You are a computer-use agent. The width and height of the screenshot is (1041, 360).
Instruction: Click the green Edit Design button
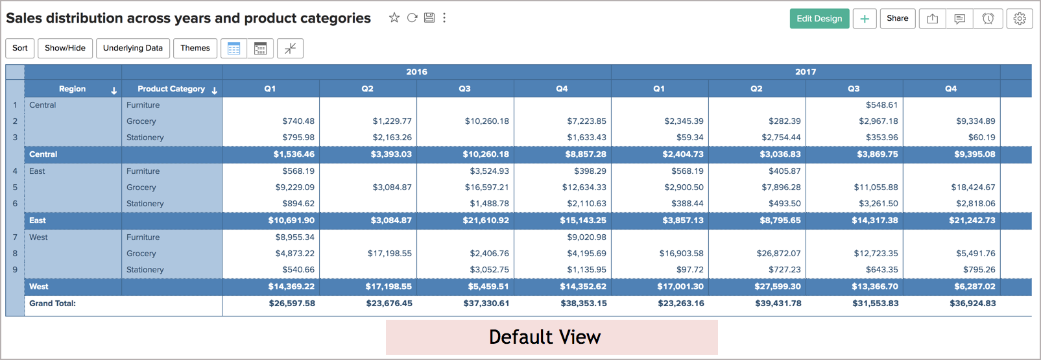[819, 19]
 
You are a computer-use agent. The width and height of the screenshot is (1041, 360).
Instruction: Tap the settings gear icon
[1020, 19]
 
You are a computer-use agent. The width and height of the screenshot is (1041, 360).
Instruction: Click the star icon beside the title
[394, 18]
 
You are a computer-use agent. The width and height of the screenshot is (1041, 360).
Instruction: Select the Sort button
[20, 48]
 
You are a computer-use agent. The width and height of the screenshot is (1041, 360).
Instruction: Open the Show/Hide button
[65, 48]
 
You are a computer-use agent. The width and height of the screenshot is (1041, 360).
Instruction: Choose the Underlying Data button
[133, 48]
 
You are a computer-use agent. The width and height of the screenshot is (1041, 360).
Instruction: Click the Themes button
[195, 48]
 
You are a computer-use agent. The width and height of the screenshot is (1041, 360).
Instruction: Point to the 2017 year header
[806, 72]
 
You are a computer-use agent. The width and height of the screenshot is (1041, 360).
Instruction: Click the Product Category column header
[171, 89]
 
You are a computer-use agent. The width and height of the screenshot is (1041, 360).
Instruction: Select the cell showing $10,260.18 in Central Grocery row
[486, 121]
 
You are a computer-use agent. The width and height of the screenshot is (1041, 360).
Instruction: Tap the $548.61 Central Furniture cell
[881, 105]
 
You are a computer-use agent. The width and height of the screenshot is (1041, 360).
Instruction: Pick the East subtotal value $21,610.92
[486, 220]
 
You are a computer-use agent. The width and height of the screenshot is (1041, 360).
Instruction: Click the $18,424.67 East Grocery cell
[973, 187]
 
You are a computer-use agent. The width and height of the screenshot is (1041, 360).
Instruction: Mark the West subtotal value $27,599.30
[778, 287]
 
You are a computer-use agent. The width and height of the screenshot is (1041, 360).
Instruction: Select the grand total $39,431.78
[778, 304]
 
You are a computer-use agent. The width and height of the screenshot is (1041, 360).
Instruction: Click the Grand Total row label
[53, 304]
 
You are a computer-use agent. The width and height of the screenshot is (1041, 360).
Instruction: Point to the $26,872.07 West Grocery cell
[778, 254]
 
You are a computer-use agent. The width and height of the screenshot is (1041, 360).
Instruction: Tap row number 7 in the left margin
[15, 237]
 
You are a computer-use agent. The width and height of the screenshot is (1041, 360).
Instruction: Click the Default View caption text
[545, 337]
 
